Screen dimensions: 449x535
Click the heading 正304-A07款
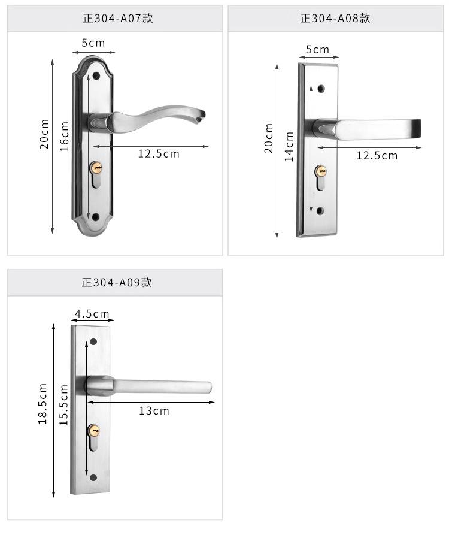tap(118, 18)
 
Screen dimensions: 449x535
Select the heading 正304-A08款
tap(335, 18)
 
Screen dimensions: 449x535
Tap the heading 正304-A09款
tap(117, 283)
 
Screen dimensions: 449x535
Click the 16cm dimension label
tap(65, 136)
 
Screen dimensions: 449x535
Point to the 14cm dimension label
tap(289, 146)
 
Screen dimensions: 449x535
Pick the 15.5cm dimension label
tap(63, 404)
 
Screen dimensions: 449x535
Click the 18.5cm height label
tap(43, 404)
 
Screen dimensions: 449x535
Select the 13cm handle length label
tap(154, 411)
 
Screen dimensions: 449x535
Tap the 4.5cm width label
tap(92, 313)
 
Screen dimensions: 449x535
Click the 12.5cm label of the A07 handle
tap(159, 154)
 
